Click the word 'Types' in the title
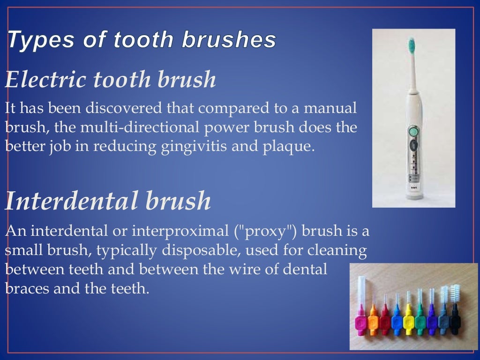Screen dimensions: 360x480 (34, 40)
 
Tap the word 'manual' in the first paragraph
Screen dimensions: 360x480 (330, 109)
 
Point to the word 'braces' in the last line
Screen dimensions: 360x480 (27, 288)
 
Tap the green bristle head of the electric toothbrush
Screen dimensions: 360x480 (412, 45)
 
